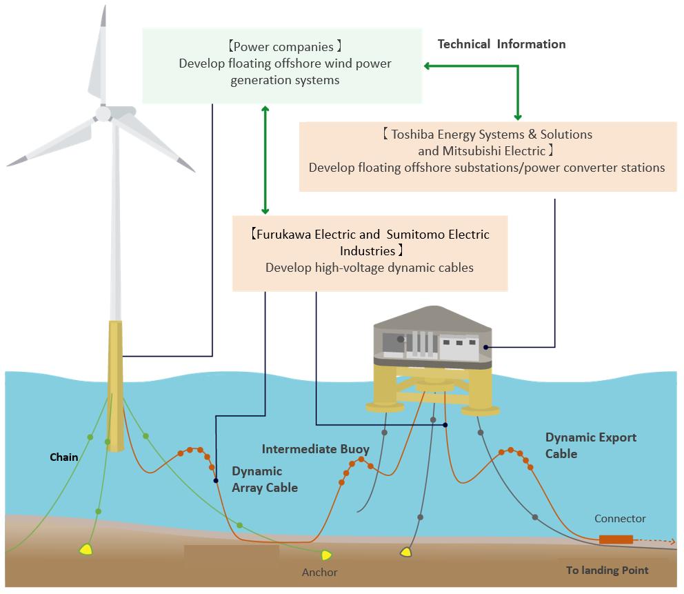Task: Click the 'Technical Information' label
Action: click(x=501, y=44)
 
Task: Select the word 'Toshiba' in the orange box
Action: click(x=413, y=134)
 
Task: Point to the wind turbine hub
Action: click(x=103, y=113)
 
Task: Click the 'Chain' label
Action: click(x=63, y=457)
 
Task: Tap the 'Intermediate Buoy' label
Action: click(x=315, y=449)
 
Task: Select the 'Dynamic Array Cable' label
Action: click(x=264, y=479)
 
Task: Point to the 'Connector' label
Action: click(x=620, y=518)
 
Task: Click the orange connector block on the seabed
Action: click(x=616, y=539)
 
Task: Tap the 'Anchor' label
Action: click(x=319, y=572)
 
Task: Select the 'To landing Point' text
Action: click(x=607, y=570)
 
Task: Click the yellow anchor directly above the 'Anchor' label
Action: click(x=327, y=555)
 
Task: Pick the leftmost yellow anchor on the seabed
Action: click(x=86, y=549)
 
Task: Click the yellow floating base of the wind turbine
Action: click(x=115, y=386)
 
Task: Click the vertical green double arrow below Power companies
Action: click(x=265, y=159)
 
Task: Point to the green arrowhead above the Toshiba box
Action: click(x=517, y=116)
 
